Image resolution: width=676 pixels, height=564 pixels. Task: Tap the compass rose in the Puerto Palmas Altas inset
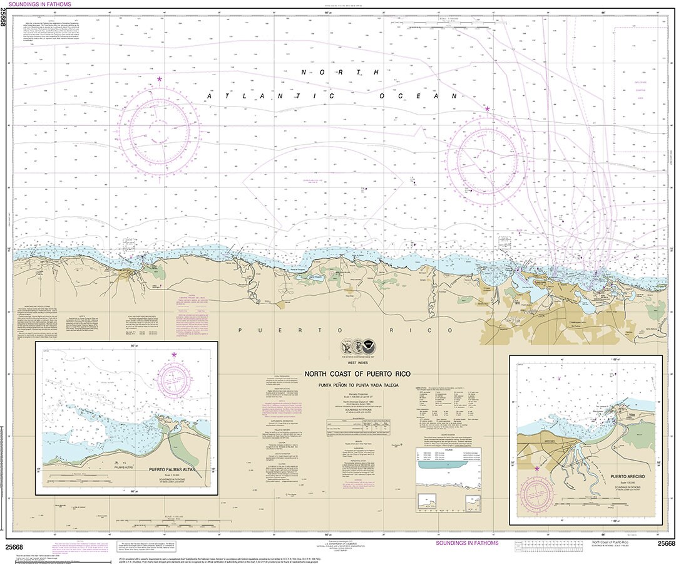click(174, 378)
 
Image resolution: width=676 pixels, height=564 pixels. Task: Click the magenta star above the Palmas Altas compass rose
click(174, 355)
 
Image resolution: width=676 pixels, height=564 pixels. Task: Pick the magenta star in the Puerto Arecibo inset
click(536, 467)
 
